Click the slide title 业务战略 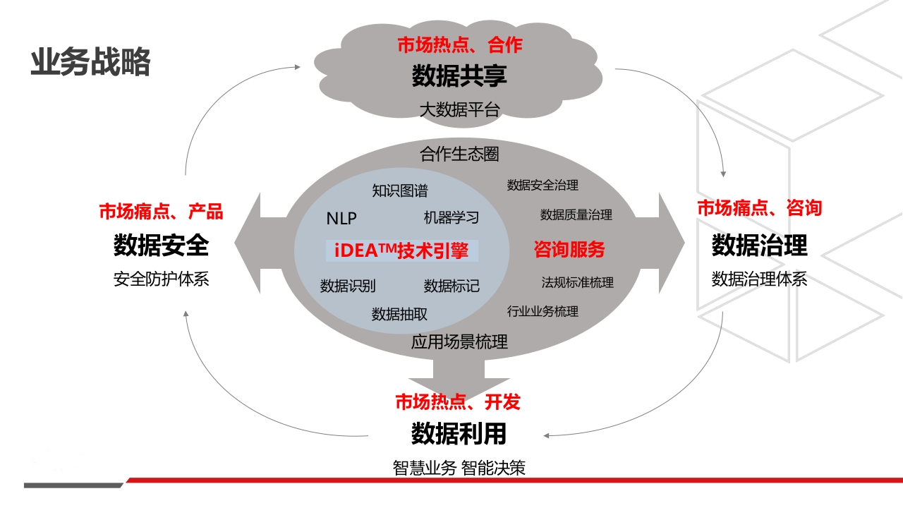point(90,62)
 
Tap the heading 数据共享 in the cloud point(459,75)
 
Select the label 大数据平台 point(459,109)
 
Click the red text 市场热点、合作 point(460,44)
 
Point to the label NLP point(341,219)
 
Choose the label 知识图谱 point(399,190)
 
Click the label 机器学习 point(451,218)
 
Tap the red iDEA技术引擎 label point(401,250)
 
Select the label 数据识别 point(348,286)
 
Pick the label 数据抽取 point(399,314)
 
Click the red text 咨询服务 point(569,249)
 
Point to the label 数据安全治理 point(543,185)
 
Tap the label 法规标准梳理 point(577,282)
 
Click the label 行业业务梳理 point(543,311)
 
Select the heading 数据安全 point(161,245)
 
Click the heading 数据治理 point(760,245)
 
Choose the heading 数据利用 point(459,434)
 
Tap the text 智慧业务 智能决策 point(459,468)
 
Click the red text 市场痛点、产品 point(161,211)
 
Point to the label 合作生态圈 point(459,154)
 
